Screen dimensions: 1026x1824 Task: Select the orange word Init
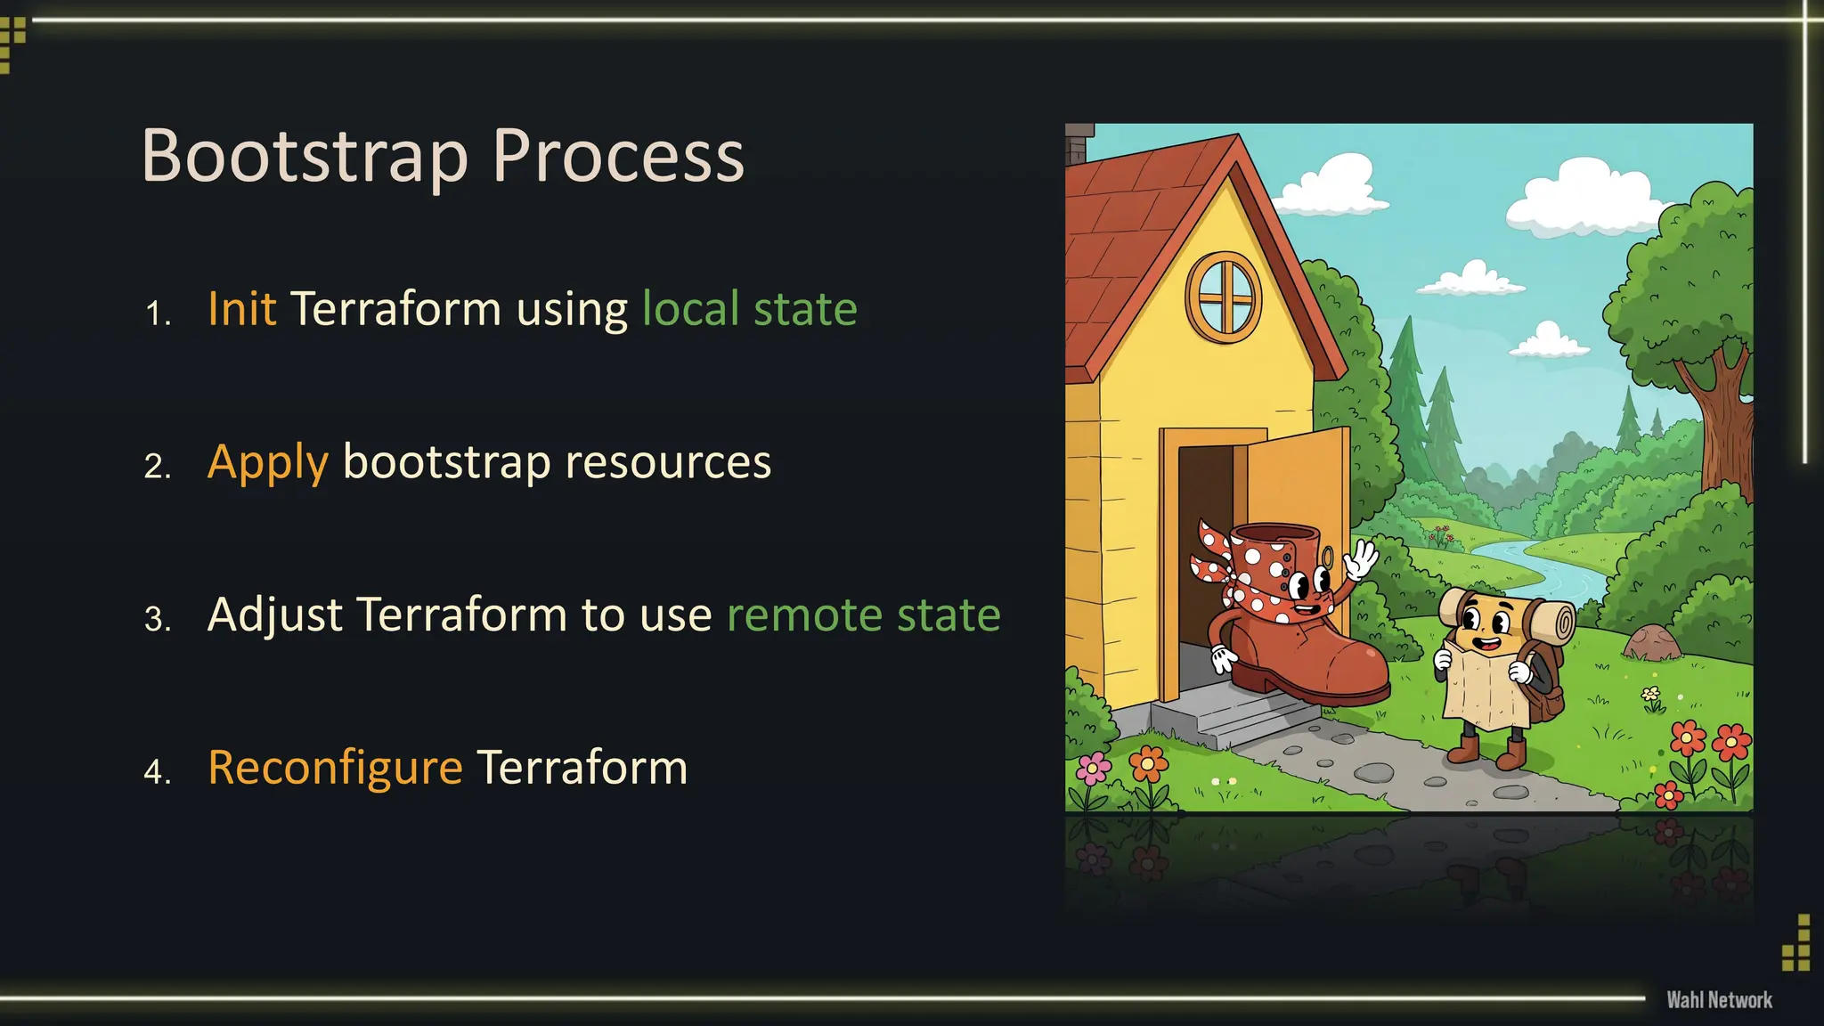click(241, 309)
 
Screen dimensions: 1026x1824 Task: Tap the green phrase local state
click(749, 309)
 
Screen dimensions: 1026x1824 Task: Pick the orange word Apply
click(267, 463)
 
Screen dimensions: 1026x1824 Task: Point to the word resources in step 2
click(668, 462)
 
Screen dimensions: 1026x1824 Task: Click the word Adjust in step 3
click(274, 615)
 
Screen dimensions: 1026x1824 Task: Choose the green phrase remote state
click(863, 615)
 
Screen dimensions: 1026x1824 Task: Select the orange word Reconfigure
click(335, 768)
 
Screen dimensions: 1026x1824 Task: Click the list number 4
click(157, 771)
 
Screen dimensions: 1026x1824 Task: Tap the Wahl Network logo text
click(1719, 1000)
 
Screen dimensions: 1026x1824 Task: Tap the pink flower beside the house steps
click(1093, 768)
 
